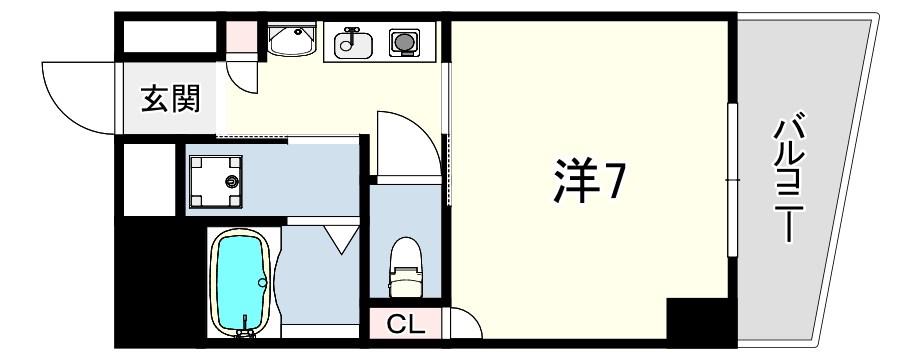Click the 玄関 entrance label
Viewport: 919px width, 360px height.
[x=171, y=99]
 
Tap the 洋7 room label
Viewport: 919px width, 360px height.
[x=587, y=181]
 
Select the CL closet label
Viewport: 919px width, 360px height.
[x=407, y=325]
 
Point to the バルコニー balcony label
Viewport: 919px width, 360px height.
[x=789, y=176]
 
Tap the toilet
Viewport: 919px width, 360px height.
[x=405, y=266]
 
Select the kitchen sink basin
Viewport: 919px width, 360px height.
[x=353, y=45]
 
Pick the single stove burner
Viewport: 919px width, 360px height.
[x=404, y=42]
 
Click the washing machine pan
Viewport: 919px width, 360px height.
[x=215, y=181]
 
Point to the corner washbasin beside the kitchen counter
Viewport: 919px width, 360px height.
[x=291, y=40]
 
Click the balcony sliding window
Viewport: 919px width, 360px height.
[x=732, y=180]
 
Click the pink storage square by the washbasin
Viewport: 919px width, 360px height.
[x=241, y=37]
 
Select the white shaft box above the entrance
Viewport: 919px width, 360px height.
[x=169, y=37]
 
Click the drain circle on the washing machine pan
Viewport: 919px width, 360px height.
[x=233, y=182]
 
